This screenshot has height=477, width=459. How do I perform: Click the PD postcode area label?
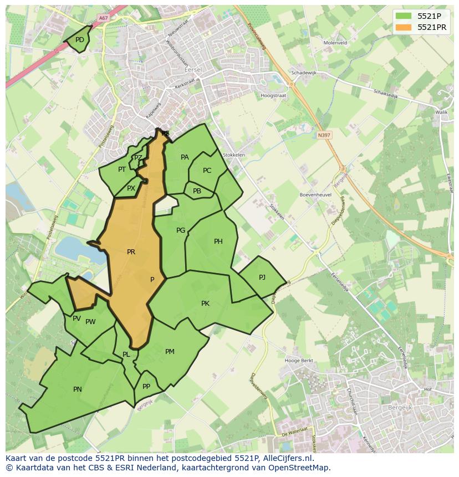[x=80, y=40]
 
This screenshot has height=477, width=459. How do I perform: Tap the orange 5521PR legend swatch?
[x=405, y=27]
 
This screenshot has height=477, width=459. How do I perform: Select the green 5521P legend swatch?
[x=405, y=16]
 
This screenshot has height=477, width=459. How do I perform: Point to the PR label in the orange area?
[x=131, y=252]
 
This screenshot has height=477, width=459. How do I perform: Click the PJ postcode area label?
[x=262, y=278]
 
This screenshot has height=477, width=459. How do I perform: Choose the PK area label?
[x=205, y=304]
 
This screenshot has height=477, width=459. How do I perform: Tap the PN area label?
[x=78, y=389]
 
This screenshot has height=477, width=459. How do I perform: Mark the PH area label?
[x=218, y=242]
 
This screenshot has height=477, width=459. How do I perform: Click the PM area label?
[x=170, y=352]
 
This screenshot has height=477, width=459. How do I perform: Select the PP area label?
[x=146, y=387]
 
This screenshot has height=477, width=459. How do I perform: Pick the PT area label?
[x=122, y=170]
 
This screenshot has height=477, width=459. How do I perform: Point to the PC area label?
[x=207, y=171]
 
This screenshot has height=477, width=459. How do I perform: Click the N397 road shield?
[x=324, y=135]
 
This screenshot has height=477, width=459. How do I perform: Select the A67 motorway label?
[x=103, y=18]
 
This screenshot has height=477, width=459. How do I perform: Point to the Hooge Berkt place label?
[x=299, y=361]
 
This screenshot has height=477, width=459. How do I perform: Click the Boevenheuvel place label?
[x=315, y=195]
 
